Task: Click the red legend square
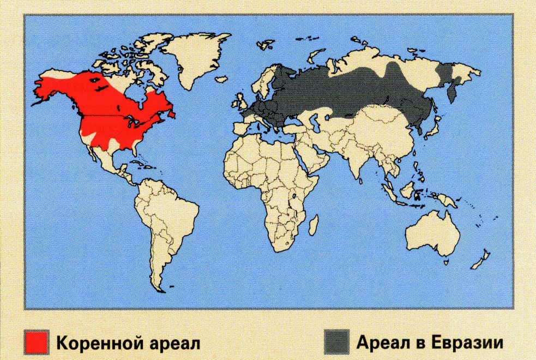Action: (x=37, y=342)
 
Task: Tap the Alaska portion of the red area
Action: (x=49, y=87)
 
